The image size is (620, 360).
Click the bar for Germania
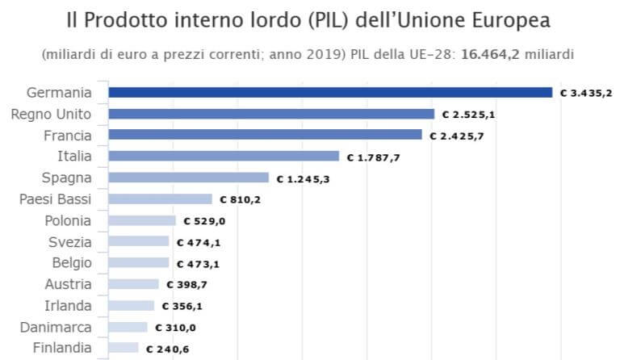(x=330, y=92)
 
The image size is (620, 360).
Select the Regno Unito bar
(x=271, y=114)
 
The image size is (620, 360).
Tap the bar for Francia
(x=265, y=135)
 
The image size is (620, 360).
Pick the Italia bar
(x=224, y=156)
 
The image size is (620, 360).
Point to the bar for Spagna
(x=188, y=178)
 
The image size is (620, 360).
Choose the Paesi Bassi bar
(x=160, y=199)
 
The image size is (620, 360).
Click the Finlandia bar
(x=124, y=348)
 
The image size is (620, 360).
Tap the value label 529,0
(x=203, y=220)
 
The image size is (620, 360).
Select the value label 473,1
(x=197, y=262)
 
